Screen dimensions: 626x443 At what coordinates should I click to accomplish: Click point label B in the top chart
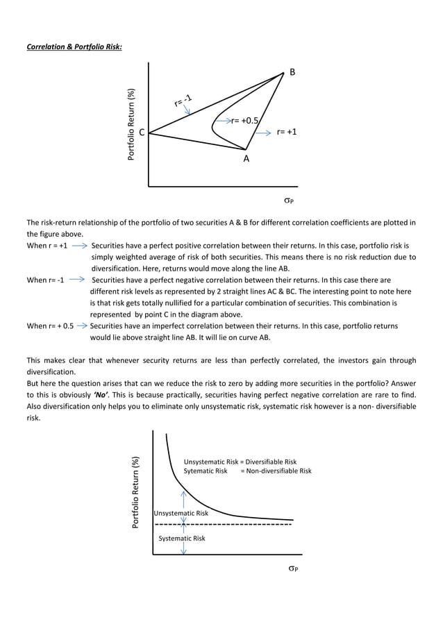coord(292,72)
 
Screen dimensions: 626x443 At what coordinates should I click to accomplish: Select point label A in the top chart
coord(246,159)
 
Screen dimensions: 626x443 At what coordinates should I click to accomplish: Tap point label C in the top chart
coord(141,133)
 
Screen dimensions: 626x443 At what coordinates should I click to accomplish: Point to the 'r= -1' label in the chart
coord(183,101)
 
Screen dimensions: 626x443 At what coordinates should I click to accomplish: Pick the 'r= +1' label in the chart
coord(287,131)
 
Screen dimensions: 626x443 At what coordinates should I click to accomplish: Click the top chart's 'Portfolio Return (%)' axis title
coord(131,126)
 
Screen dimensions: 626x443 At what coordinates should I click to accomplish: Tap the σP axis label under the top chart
coord(289,201)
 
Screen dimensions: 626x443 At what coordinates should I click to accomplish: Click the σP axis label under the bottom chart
coord(294,568)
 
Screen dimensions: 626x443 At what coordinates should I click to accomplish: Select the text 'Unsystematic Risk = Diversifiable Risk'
coord(240,462)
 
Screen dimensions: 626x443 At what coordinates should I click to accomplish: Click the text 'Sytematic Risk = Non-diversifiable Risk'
coord(247,471)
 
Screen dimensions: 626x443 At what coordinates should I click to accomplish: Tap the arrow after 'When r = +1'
coord(78,246)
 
